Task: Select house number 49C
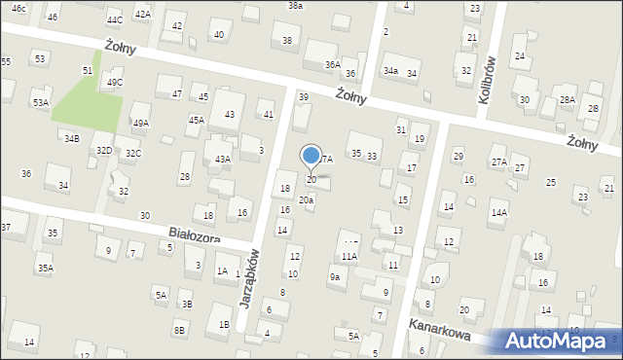tap(115, 83)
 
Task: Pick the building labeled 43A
tap(222, 159)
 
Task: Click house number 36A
tap(333, 64)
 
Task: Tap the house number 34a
tap(390, 71)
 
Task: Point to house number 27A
tap(498, 162)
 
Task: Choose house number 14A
tap(498, 212)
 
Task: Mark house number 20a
tap(306, 200)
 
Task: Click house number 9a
tap(335, 277)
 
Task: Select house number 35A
tap(45, 268)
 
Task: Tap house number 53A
tap(40, 102)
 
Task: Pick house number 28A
tap(568, 100)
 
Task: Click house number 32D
tap(104, 150)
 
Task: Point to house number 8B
tap(179, 331)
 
